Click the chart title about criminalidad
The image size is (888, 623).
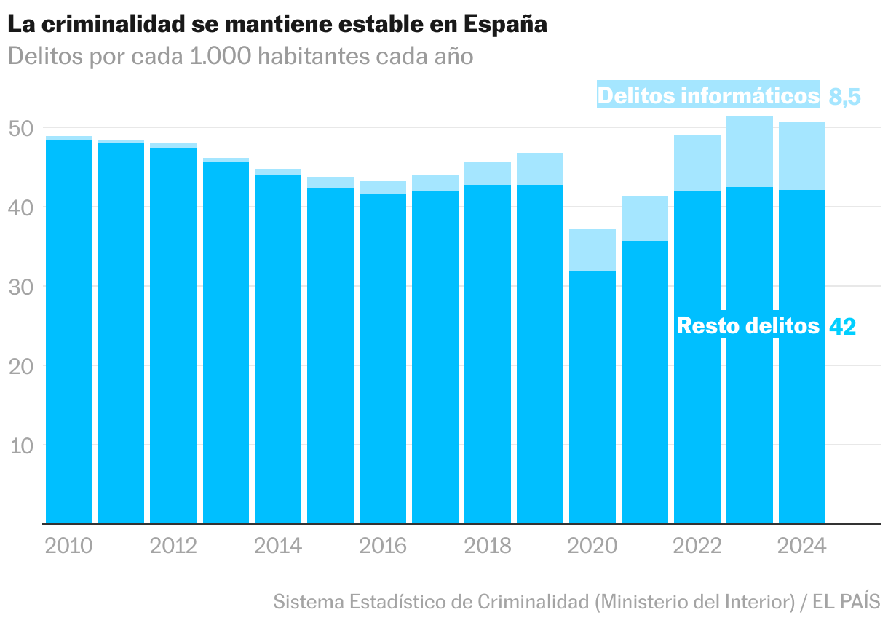point(277,24)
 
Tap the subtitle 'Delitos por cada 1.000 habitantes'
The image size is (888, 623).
point(240,56)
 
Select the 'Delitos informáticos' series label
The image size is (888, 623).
point(707,95)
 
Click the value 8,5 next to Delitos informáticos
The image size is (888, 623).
point(844,96)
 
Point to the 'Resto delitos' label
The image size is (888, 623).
point(748,325)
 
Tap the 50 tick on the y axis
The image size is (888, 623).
point(22,129)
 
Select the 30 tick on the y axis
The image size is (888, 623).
point(22,287)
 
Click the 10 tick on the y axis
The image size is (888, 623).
point(22,445)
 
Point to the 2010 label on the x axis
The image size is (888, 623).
point(68,546)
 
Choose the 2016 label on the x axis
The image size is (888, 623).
point(383,546)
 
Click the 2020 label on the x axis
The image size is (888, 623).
point(592,546)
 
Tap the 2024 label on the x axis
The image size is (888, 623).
point(802,546)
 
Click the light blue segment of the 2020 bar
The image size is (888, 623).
point(592,250)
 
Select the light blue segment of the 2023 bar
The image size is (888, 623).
point(750,151)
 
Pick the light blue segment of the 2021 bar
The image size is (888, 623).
point(645,218)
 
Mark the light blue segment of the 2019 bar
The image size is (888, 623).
point(540,169)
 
